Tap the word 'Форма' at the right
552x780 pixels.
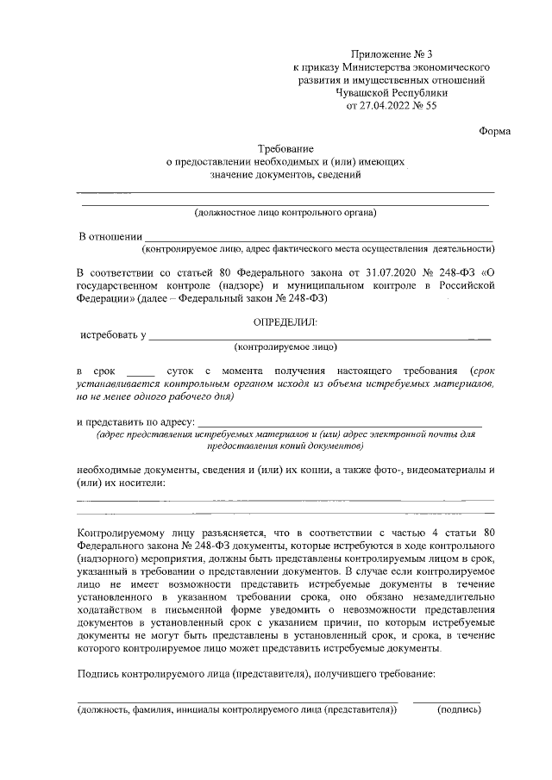tap(494, 131)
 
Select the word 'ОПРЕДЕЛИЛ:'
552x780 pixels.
tap(285, 321)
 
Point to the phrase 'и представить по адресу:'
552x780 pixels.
tap(135, 423)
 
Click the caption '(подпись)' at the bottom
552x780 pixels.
tap(459, 710)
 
